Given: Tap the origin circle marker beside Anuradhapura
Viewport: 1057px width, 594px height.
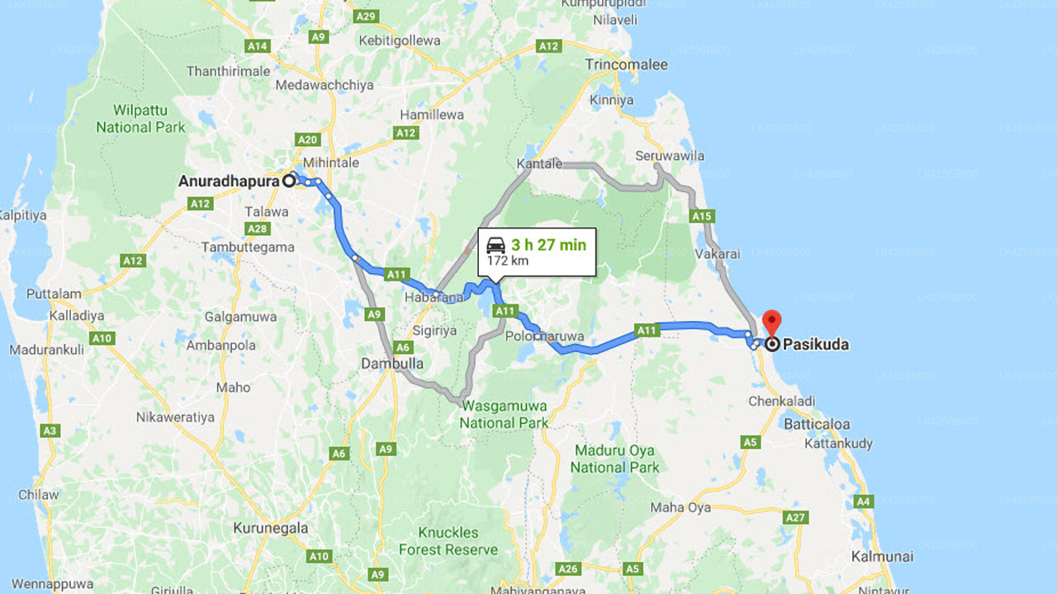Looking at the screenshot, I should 289,181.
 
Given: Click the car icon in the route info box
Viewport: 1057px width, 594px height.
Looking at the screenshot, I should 495,245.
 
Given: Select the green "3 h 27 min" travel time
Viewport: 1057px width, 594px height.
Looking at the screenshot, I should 548,244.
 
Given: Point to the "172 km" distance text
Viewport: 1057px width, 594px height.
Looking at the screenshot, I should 507,261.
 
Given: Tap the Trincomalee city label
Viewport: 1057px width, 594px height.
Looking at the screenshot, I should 626,65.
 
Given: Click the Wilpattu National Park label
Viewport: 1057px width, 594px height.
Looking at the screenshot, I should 141,119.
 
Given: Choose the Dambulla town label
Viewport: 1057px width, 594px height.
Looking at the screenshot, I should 392,363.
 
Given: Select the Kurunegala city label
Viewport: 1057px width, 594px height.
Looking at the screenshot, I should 270,528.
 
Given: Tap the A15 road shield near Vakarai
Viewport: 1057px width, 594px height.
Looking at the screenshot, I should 701,216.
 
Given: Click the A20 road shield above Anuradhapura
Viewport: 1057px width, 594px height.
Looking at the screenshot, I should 308,140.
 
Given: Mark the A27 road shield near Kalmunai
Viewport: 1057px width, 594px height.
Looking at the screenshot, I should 795,517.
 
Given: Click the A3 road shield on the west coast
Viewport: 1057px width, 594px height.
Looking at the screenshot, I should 50,431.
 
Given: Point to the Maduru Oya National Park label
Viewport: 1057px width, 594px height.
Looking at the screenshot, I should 614,459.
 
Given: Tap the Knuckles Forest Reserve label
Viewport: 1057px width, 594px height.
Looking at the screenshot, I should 448,540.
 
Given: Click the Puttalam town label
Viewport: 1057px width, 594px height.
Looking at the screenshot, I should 54,294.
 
